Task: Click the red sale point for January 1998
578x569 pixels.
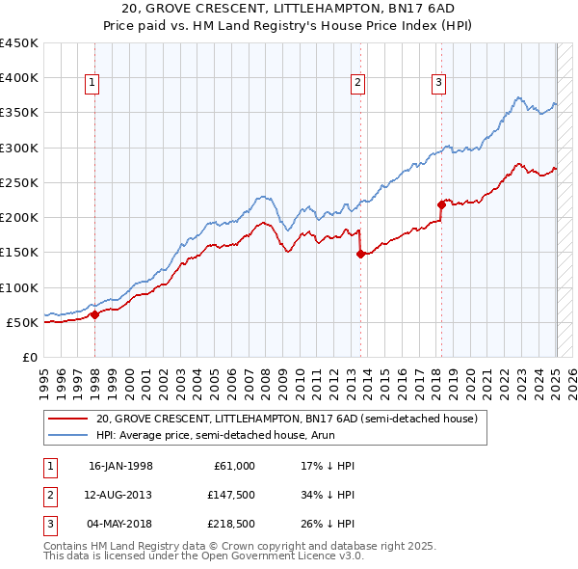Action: [95, 313]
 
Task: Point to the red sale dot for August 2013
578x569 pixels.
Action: [360, 254]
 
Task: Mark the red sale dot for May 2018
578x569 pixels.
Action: [441, 203]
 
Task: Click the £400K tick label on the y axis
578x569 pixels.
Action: [19, 78]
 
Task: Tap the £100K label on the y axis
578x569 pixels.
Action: [19, 287]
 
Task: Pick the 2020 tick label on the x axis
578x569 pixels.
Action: [470, 377]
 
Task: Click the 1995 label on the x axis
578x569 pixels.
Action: [44, 377]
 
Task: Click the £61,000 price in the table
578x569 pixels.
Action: [233, 466]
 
